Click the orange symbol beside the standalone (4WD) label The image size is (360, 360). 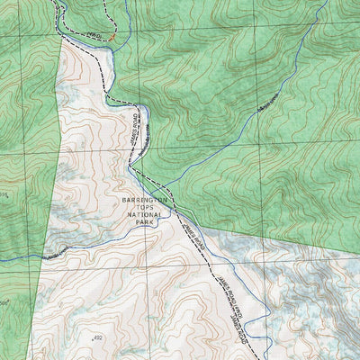point(110,38)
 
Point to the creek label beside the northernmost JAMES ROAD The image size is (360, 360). point(142,135)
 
